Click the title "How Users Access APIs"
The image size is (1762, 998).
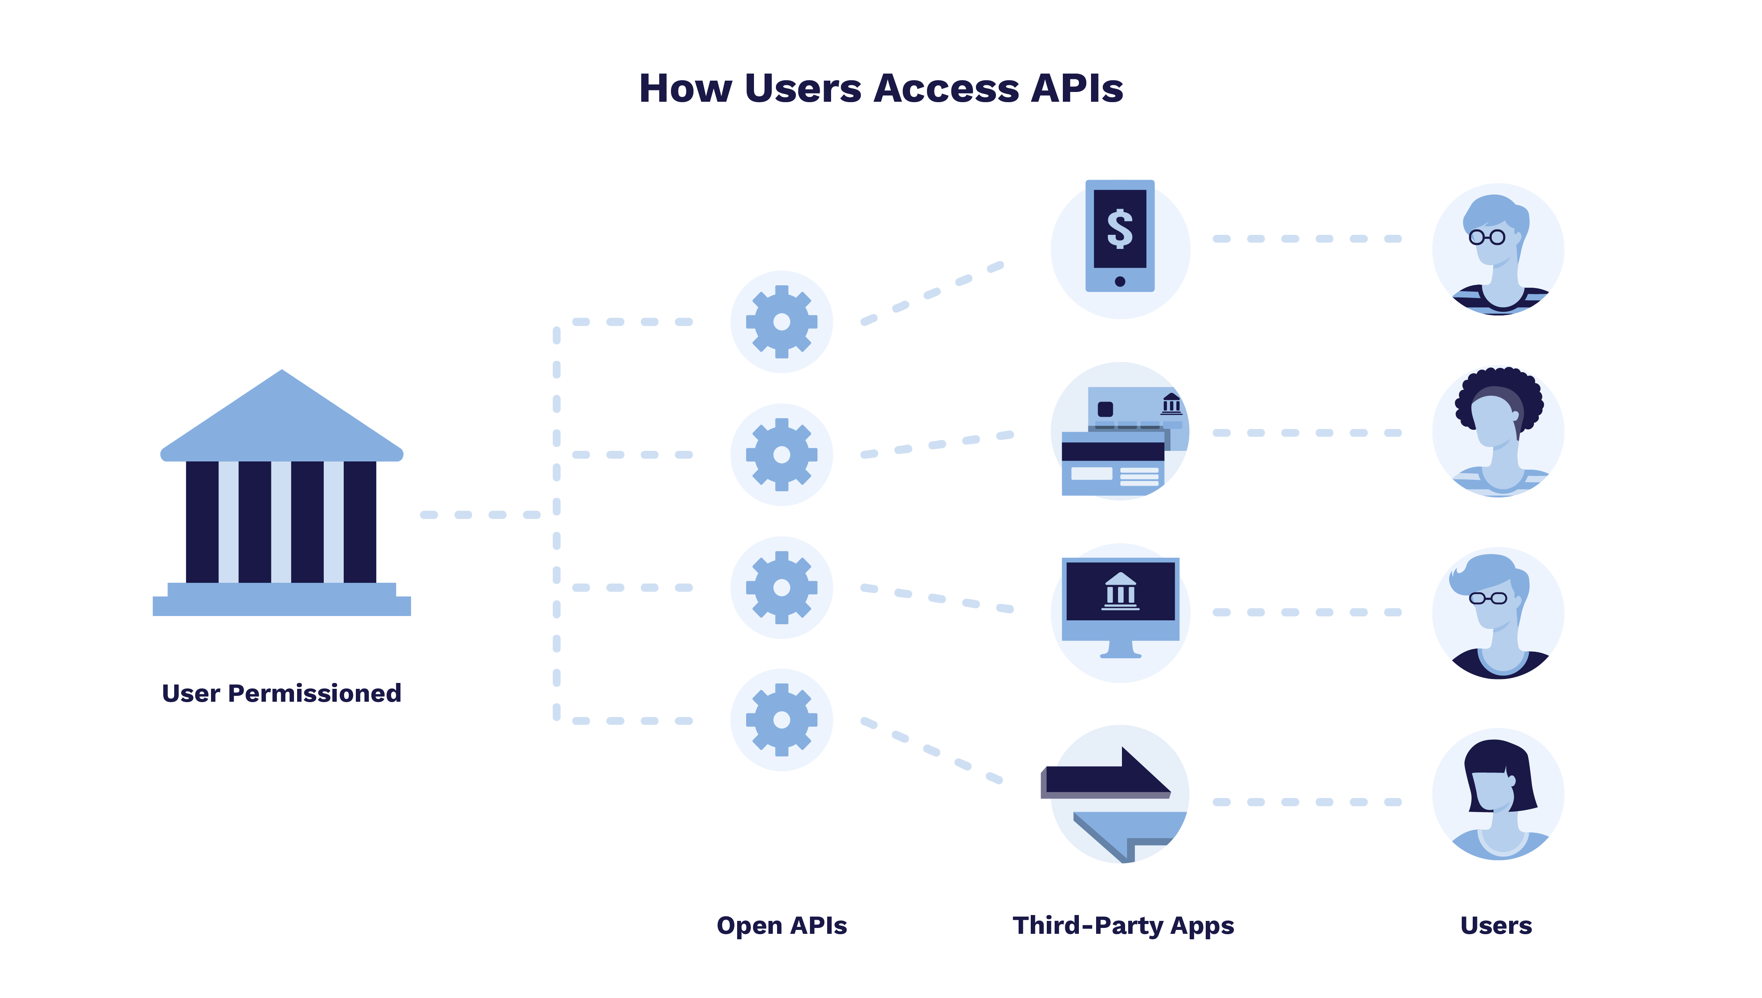click(x=880, y=89)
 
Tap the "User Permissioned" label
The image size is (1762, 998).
click(x=281, y=693)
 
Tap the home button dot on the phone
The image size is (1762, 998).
click(x=1120, y=281)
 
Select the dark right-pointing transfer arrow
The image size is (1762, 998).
click(x=1111, y=778)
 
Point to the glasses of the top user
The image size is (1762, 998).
click(x=1486, y=237)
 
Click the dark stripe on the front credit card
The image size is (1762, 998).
click(x=1112, y=451)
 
